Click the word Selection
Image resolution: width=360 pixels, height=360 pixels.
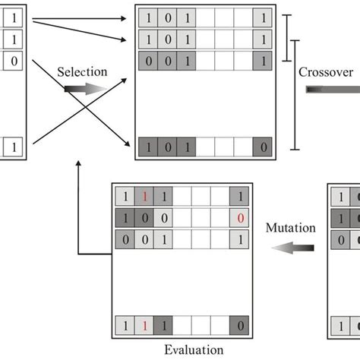pyautogui.click(x=81, y=72)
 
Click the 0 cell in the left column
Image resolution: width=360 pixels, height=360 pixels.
pyautogui.click(x=12, y=59)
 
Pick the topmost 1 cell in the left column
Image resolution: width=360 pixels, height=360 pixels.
pyautogui.click(x=12, y=15)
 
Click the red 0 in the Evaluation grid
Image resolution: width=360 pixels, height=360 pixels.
pyautogui.click(x=239, y=219)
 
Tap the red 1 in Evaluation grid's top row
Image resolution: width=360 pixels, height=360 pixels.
pyautogui.click(x=144, y=197)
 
